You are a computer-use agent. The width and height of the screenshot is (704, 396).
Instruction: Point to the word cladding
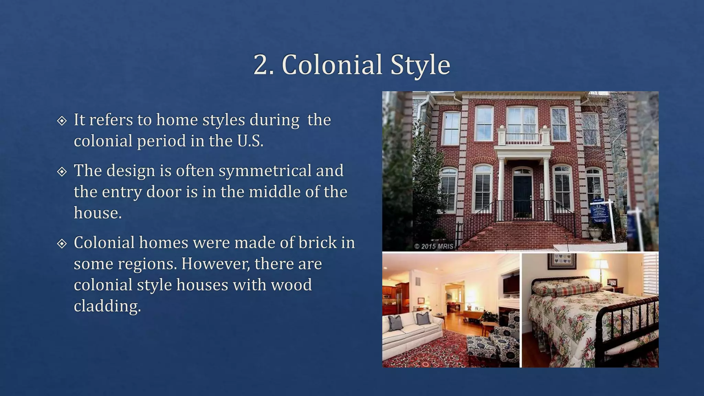(x=107, y=306)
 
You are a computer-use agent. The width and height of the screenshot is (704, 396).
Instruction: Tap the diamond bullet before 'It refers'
(x=62, y=121)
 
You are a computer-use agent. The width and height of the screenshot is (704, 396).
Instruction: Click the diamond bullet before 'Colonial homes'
(x=62, y=244)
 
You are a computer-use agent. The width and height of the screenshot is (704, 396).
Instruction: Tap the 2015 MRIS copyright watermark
(x=434, y=246)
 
